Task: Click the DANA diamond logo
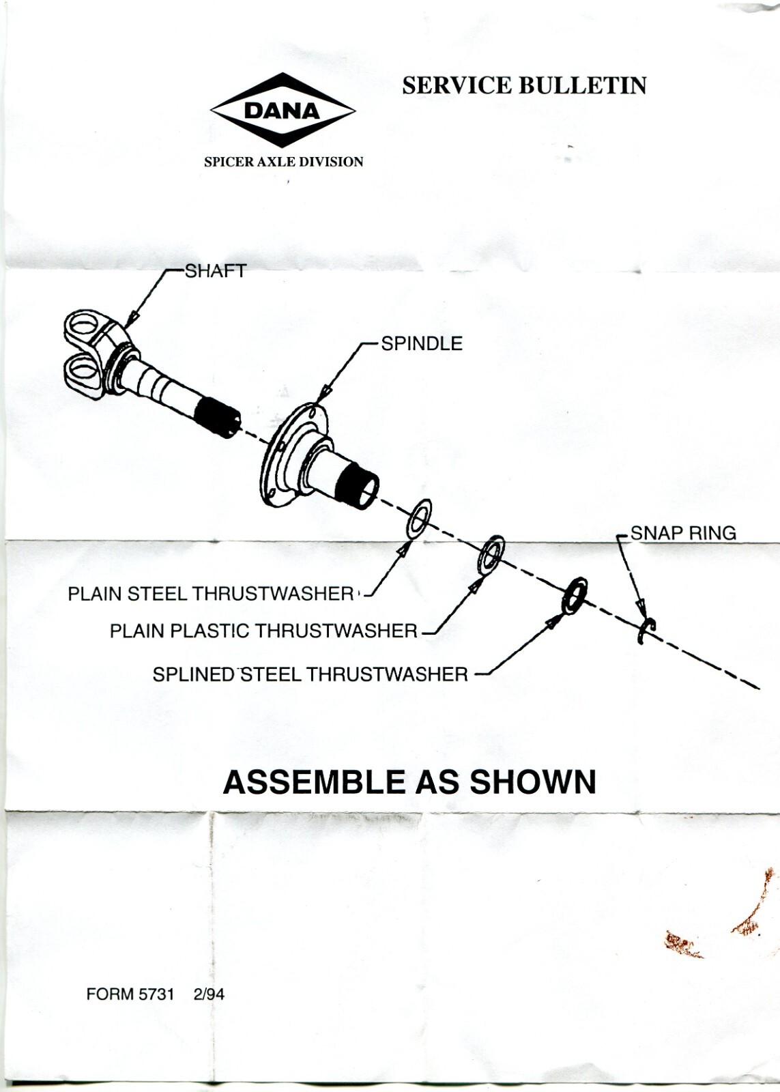pyautogui.click(x=283, y=110)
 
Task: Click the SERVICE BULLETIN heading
pyautogui.click(x=523, y=85)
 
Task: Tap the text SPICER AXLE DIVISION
pyautogui.click(x=283, y=162)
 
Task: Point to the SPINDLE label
pyautogui.click(x=421, y=343)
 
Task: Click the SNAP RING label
pyautogui.click(x=682, y=533)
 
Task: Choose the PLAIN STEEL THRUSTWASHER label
pyautogui.click(x=210, y=594)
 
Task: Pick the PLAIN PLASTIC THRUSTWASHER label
pyautogui.click(x=263, y=631)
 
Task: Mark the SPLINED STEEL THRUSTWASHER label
pyautogui.click(x=310, y=674)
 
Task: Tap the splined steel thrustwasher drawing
pyautogui.click(x=575, y=594)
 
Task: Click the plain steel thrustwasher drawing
pyautogui.click(x=418, y=517)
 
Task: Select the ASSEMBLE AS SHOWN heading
pyautogui.click(x=409, y=782)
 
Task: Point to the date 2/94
pyautogui.click(x=209, y=994)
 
